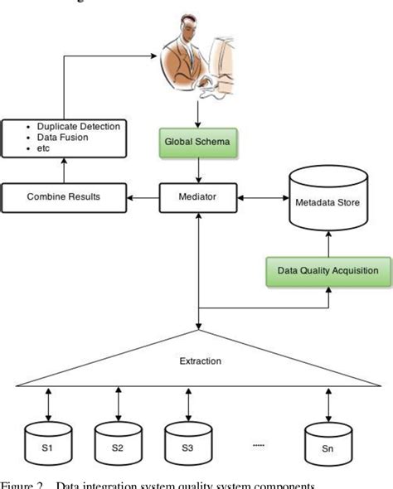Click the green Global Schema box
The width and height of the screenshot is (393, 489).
(196, 142)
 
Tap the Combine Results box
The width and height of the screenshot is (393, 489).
(63, 198)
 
